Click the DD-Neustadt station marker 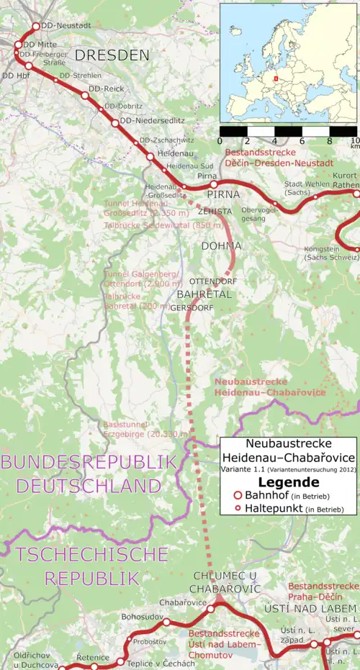click(36, 27)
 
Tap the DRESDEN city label click(112, 55)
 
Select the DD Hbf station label click(14, 75)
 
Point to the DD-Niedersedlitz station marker click(114, 122)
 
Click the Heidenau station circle click(150, 155)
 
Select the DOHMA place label click(220, 246)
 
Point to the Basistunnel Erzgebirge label click(146, 430)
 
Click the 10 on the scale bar click(354, 141)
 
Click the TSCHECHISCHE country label click(92, 554)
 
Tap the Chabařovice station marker click(211, 609)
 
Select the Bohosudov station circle click(166, 622)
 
